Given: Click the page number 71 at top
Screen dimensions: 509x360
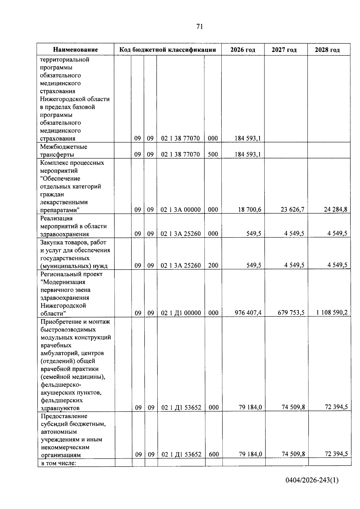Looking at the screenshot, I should (x=199, y=27).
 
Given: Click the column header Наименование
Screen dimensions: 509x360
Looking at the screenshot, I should (x=76, y=50).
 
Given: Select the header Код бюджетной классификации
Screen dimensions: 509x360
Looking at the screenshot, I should (x=168, y=50).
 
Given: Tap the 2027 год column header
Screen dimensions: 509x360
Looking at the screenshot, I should (x=284, y=50).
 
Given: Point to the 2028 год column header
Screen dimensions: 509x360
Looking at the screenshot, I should (x=327, y=50).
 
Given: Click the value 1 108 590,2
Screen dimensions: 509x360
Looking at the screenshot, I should (x=332, y=313).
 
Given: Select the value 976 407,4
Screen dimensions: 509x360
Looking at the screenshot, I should (x=248, y=313).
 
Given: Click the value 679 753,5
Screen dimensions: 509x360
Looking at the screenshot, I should (x=291, y=313).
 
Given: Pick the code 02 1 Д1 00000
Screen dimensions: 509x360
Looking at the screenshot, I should (x=181, y=313).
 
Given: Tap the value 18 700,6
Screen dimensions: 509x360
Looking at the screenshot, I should (x=250, y=210).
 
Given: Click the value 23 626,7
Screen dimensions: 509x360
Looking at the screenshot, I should (x=292, y=210).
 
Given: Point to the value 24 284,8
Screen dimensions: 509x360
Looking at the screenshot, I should (x=335, y=210).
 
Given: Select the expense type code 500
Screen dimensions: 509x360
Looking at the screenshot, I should (x=213, y=155).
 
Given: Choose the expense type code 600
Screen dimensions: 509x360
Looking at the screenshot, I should (x=214, y=454).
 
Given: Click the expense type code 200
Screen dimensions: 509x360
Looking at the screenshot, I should (x=213, y=265).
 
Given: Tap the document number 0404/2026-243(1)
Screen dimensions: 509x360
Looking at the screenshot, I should (x=312, y=481).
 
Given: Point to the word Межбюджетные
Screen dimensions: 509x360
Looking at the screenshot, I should (x=64, y=147).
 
